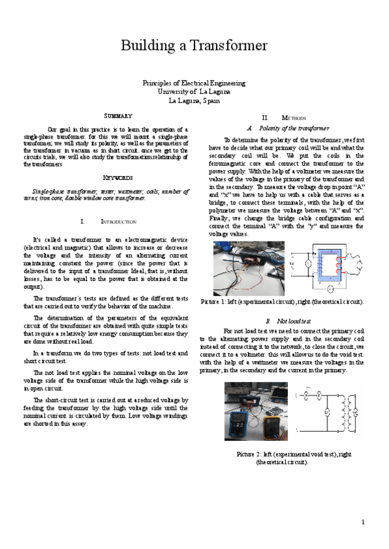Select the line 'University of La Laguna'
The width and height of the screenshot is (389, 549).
pos(194,92)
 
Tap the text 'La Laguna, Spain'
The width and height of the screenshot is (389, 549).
pos(194,100)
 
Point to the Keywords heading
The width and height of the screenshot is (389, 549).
pos(118,177)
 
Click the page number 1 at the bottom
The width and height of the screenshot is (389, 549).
pos(363,522)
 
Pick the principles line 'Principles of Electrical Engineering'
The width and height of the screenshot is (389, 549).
pos(194,83)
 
